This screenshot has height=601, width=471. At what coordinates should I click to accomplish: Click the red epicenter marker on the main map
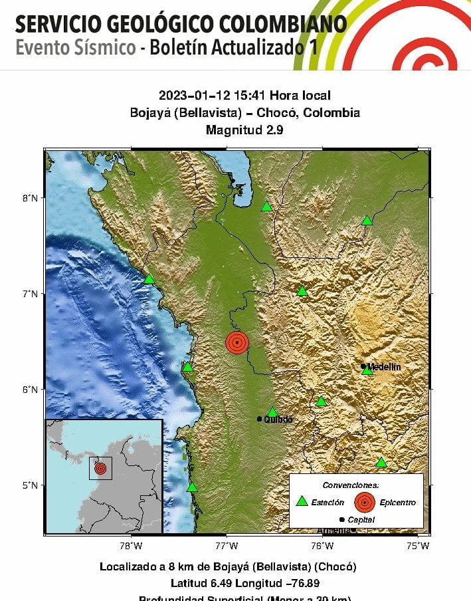click(x=237, y=342)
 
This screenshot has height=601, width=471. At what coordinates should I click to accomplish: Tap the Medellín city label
click(x=385, y=367)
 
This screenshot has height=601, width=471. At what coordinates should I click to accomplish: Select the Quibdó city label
click(x=278, y=420)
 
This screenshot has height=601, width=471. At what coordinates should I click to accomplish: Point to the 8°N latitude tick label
click(x=30, y=198)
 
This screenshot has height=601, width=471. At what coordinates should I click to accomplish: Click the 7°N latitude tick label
click(x=30, y=293)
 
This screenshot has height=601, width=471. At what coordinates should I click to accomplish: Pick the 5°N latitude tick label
click(x=30, y=485)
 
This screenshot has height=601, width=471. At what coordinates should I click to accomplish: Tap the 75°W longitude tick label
click(x=418, y=546)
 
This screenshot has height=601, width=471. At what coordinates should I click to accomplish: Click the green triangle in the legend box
click(x=302, y=501)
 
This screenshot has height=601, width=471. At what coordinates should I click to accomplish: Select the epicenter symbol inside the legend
click(x=364, y=502)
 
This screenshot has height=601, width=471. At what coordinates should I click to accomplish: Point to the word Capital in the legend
click(x=361, y=520)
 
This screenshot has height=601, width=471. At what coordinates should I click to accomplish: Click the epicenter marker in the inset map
click(x=100, y=469)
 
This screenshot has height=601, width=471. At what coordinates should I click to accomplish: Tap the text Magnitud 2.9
click(x=244, y=130)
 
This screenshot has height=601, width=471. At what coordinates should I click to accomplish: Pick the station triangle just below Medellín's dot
click(x=367, y=370)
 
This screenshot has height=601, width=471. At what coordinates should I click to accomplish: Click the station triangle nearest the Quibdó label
click(x=272, y=412)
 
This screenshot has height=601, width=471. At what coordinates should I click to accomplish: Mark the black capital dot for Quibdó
click(x=260, y=419)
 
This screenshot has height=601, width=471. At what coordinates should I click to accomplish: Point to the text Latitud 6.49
click(x=199, y=583)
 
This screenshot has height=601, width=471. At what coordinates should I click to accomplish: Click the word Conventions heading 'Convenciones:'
click(x=351, y=485)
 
